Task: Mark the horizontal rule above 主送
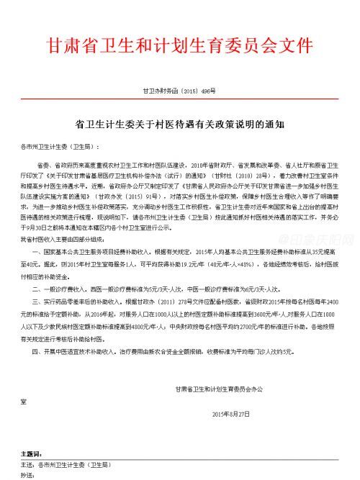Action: [x=179, y=460]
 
